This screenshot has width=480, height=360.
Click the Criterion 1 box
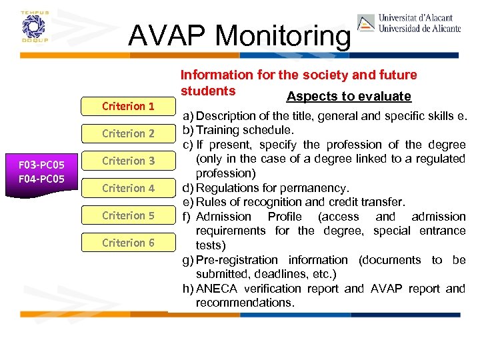pos(127,106)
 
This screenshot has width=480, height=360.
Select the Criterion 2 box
pos(127,133)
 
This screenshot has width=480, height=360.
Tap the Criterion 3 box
pos(127,161)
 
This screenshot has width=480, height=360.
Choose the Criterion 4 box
pos(127,188)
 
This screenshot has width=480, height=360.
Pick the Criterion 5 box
pos(127,215)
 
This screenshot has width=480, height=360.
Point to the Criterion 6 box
pos(127,243)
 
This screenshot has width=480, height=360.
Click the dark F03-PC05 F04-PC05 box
pos(42,171)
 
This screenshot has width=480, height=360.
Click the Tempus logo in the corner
pos(31,27)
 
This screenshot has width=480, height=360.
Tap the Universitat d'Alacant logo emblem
pos(366,23)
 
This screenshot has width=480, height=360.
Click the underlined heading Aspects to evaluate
pos(348,96)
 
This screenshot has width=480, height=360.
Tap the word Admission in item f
pos(223,217)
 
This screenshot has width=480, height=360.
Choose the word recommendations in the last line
pos(245,303)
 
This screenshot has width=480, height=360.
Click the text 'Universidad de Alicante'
pos(419,29)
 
